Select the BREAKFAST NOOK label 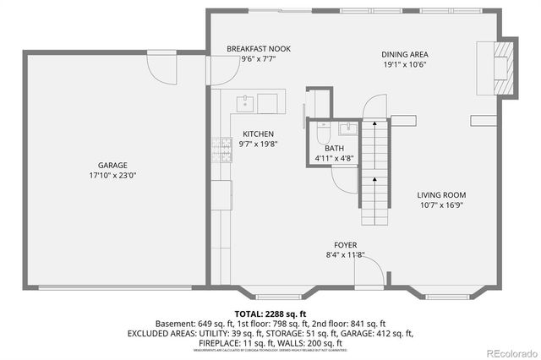pos(258,49)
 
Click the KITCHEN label pos(258,134)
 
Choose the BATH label pos(334,148)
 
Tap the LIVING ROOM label pos(441,194)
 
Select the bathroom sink pos(346,129)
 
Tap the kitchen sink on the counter pos(244,104)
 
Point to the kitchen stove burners pos(225,150)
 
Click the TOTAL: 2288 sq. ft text pos(270,313)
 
